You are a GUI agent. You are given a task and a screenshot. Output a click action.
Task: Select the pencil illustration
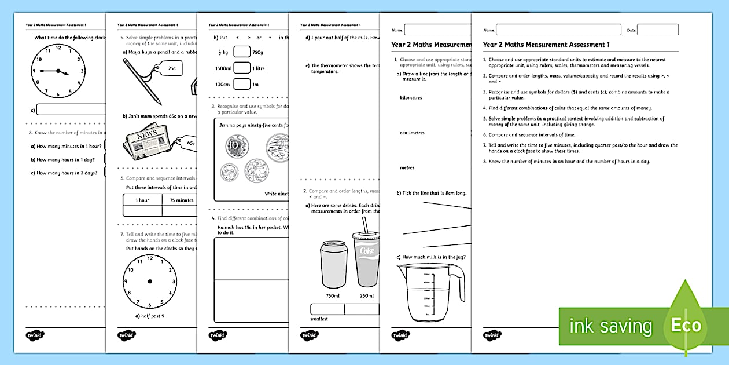click(142, 82)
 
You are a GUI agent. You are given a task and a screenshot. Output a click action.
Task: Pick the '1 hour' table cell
click(142, 200)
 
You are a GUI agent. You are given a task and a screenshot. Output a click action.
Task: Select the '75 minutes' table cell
click(181, 200)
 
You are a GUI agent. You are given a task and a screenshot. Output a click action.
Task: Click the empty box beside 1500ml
click(241, 68)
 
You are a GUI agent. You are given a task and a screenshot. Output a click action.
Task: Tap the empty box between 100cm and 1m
click(241, 85)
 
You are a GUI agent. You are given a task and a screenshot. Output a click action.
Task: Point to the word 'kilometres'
click(411, 98)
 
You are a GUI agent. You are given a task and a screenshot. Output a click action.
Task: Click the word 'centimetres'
click(412, 133)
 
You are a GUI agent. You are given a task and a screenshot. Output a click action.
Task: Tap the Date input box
click(657, 30)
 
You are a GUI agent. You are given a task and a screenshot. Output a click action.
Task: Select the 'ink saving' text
click(610, 326)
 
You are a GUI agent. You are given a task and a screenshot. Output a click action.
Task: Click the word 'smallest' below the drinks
click(319, 319)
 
